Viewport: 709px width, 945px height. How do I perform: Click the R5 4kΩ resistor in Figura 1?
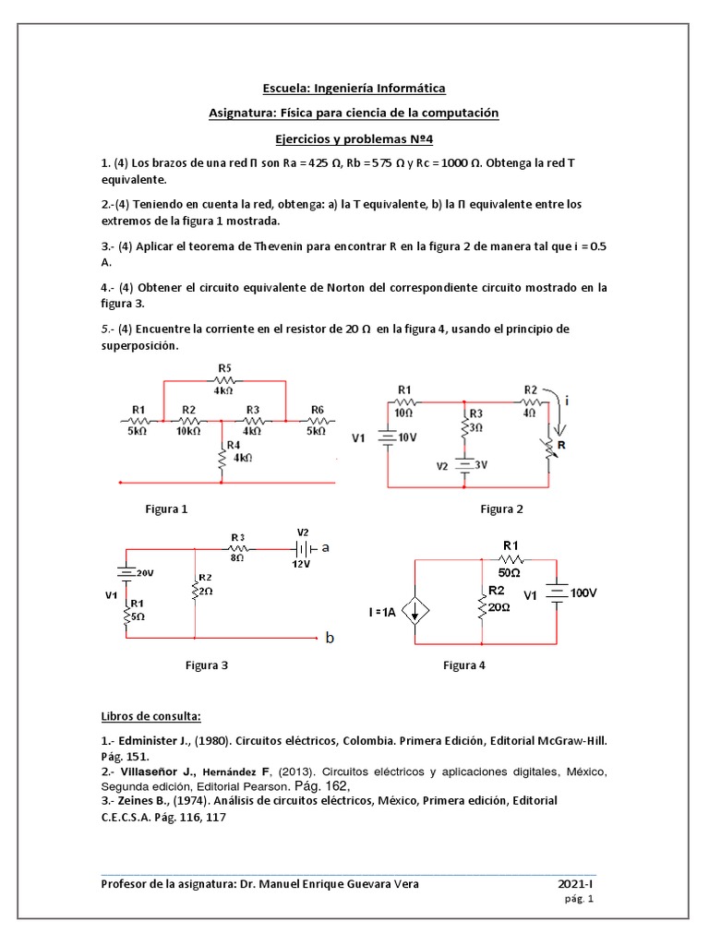point(224,379)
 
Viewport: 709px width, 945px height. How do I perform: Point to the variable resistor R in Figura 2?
point(551,449)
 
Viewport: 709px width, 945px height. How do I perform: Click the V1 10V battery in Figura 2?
point(389,438)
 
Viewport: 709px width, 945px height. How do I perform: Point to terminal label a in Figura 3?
point(325,547)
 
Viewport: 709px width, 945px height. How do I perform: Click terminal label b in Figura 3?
point(330,638)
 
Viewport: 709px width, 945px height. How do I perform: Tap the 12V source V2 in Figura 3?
point(302,547)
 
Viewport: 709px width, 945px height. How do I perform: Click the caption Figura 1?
point(166,508)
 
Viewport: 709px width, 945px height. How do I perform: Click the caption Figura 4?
point(464,664)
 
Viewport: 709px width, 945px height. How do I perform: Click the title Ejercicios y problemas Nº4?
point(354,138)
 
